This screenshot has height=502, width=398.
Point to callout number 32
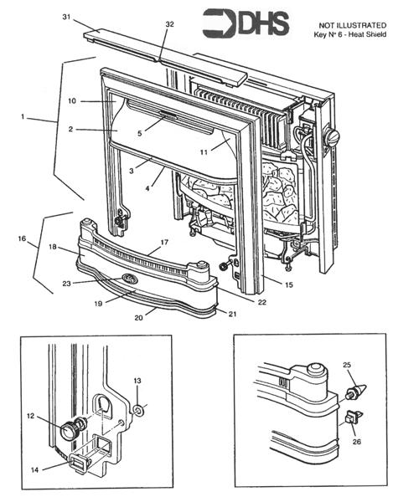pos(170,24)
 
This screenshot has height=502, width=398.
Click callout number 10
pos(73,100)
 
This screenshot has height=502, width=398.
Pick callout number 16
pos(21,238)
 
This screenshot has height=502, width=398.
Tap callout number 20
pos(140,319)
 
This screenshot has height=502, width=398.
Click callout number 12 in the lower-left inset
pos(31,415)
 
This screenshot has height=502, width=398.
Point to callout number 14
pos(34,469)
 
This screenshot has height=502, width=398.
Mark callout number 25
pos(349,366)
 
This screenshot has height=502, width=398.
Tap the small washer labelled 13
pos(138,411)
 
